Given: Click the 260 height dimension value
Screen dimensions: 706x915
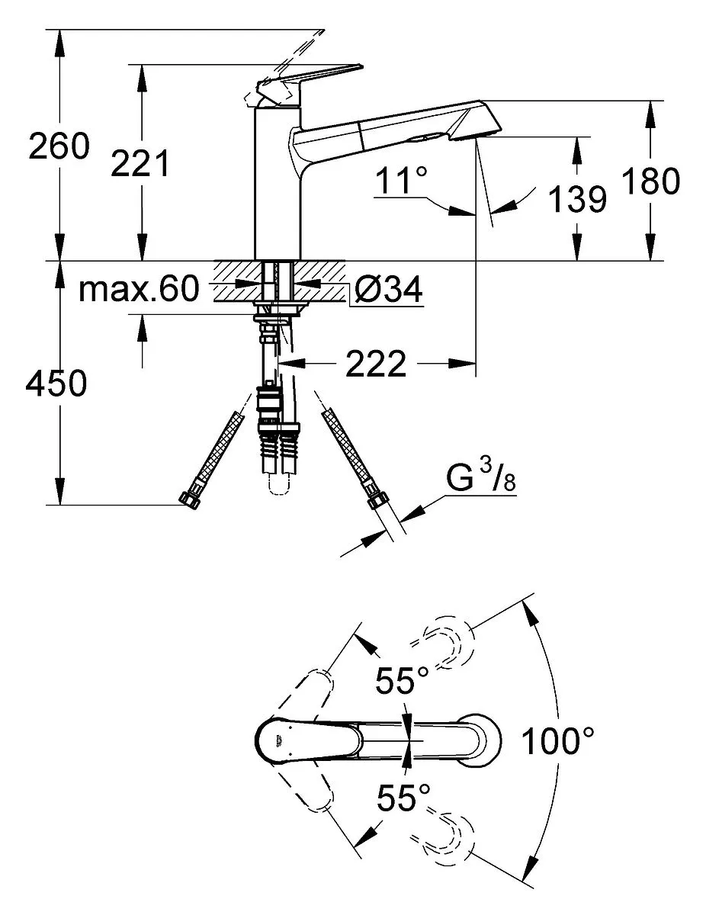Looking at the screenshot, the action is [59, 146].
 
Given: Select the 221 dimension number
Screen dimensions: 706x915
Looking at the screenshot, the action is [140, 163].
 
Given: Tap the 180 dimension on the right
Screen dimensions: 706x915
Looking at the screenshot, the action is [650, 181].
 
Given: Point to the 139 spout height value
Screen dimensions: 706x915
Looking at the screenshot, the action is [577, 198].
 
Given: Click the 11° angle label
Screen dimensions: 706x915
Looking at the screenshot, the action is [401, 180].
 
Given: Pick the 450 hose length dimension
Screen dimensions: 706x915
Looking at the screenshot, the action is [56, 384].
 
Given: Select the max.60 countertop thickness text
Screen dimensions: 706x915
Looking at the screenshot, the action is [139, 288].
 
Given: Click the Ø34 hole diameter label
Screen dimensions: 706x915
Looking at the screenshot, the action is [388, 288].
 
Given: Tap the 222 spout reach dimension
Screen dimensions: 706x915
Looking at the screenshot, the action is [376, 364].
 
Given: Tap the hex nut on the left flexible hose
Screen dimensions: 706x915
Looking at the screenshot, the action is [188, 500].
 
